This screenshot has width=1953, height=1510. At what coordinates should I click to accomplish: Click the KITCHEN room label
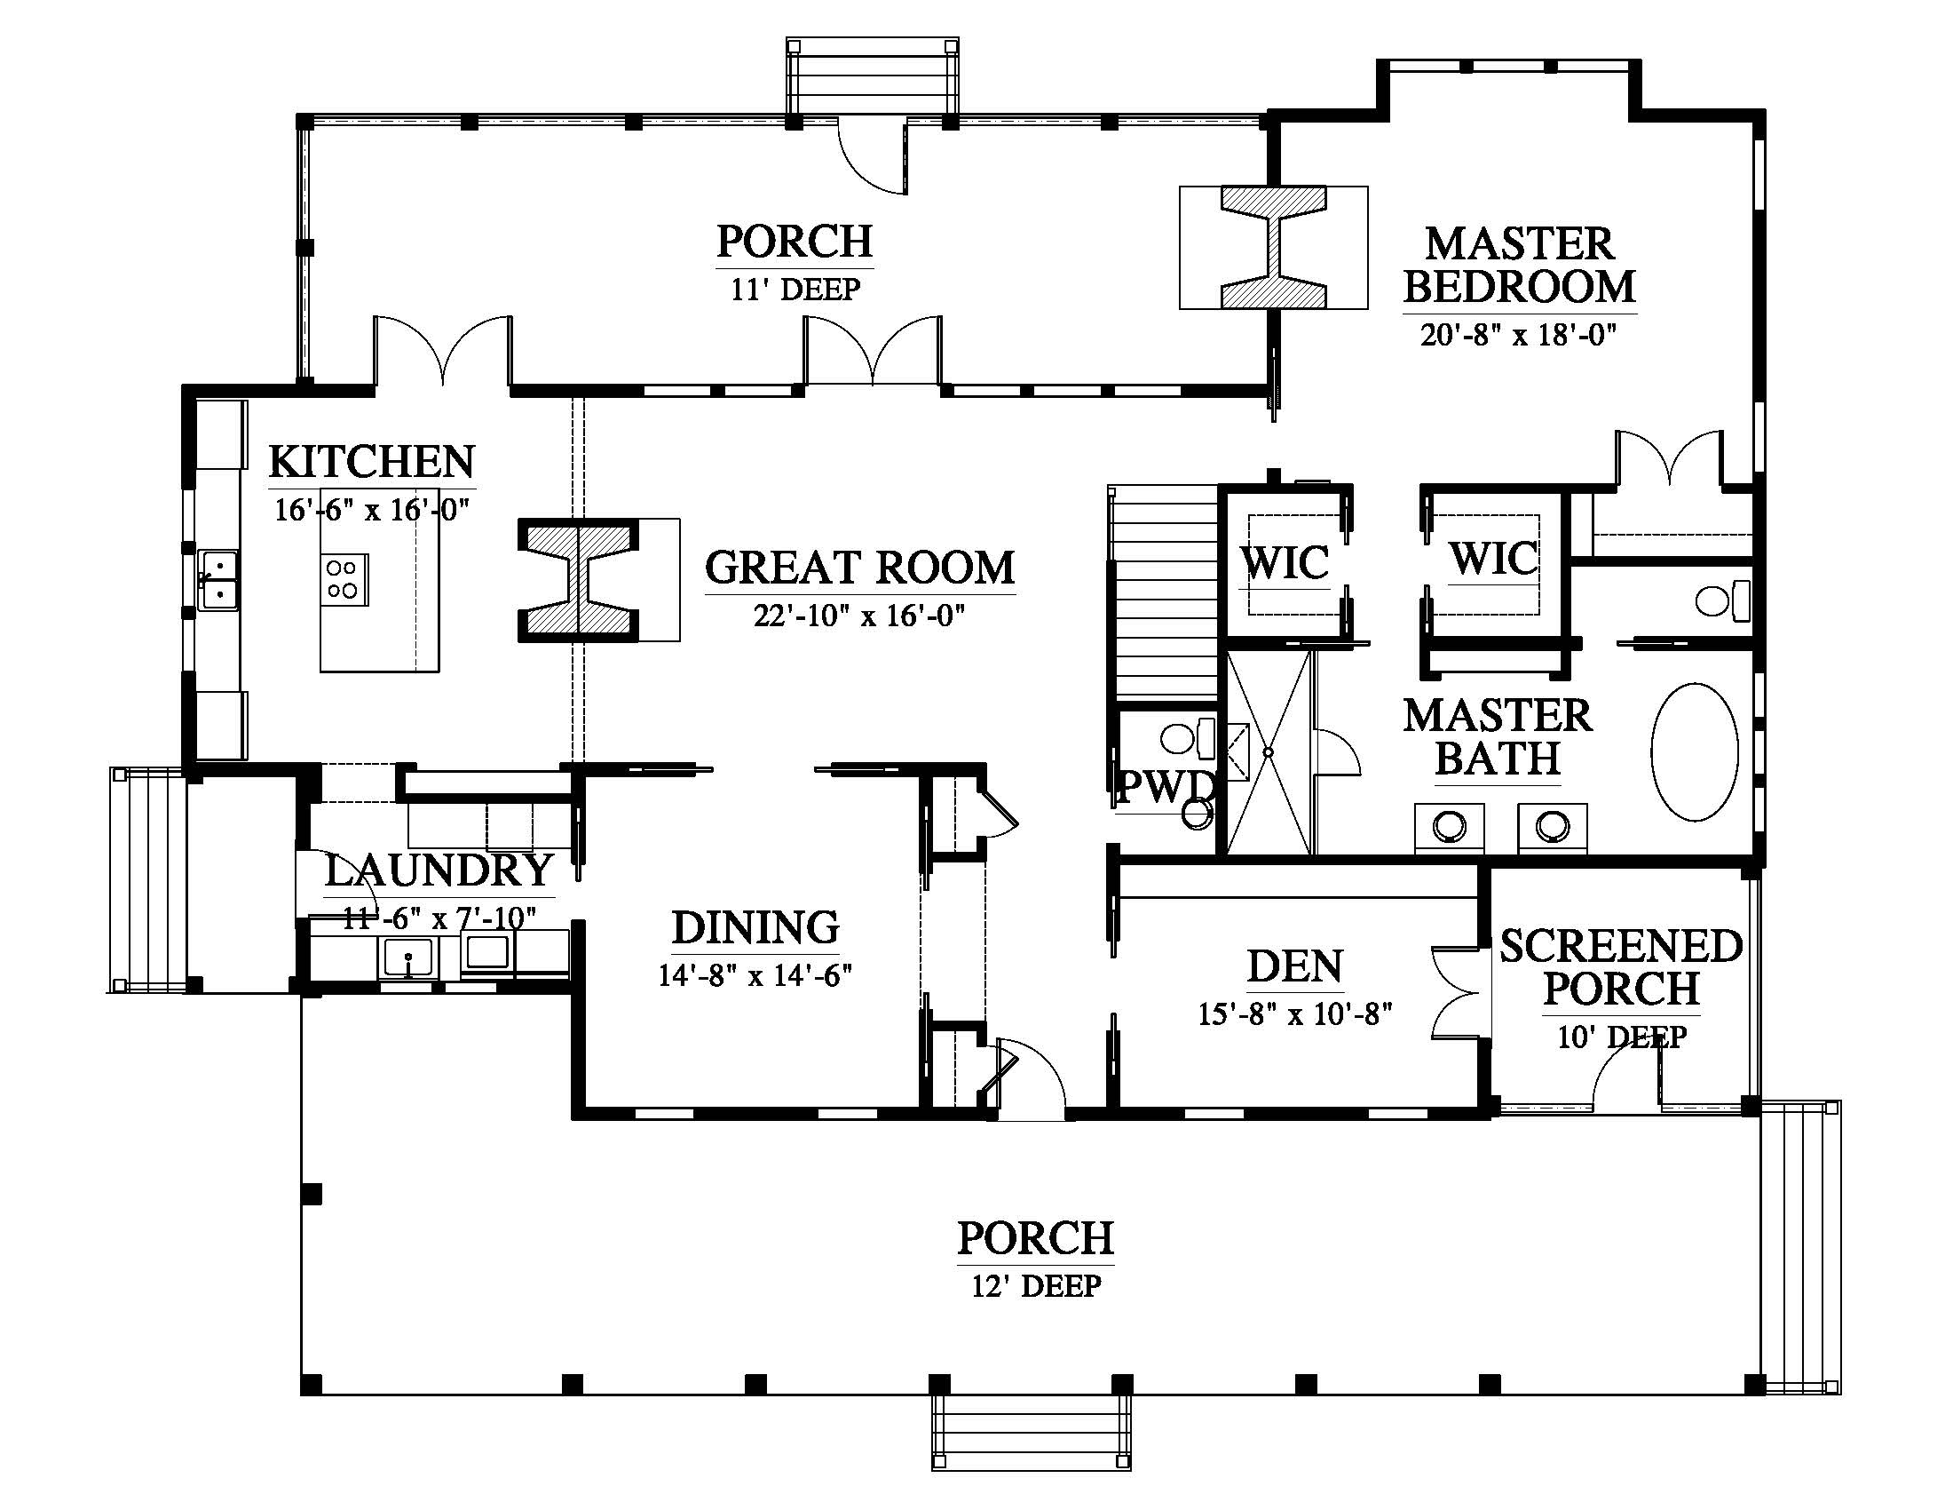click(x=372, y=462)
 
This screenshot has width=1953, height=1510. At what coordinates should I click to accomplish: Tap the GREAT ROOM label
click(x=860, y=568)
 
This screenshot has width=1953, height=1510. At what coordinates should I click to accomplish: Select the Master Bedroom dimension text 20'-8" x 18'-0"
click(x=1519, y=335)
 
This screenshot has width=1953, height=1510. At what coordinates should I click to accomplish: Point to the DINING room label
click(x=755, y=926)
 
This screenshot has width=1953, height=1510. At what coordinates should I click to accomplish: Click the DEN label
click(x=1295, y=966)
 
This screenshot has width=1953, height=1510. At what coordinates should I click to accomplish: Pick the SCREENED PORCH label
click(x=1621, y=967)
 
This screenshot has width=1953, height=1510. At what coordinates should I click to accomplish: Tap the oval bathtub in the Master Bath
click(x=1695, y=752)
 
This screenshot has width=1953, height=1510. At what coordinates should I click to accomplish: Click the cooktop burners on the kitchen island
click(x=344, y=579)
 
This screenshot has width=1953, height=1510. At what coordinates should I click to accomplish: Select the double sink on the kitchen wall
click(x=217, y=581)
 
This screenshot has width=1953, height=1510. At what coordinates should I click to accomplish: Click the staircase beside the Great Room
click(x=1164, y=592)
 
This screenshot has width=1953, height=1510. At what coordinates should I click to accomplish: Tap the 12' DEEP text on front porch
click(x=1036, y=1286)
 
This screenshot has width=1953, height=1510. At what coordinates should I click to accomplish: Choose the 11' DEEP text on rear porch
click(x=795, y=290)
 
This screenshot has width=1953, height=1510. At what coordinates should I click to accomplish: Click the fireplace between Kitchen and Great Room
click(x=580, y=581)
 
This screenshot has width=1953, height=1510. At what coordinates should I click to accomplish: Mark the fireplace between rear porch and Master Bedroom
click(x=1274, y=247)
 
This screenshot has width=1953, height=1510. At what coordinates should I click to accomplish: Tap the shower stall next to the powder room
click(x=1268, y=752)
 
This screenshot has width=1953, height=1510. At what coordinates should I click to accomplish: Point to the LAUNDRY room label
click(x=439, y=870)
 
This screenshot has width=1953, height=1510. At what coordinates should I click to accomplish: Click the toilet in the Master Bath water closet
click(x=1722, y=600)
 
